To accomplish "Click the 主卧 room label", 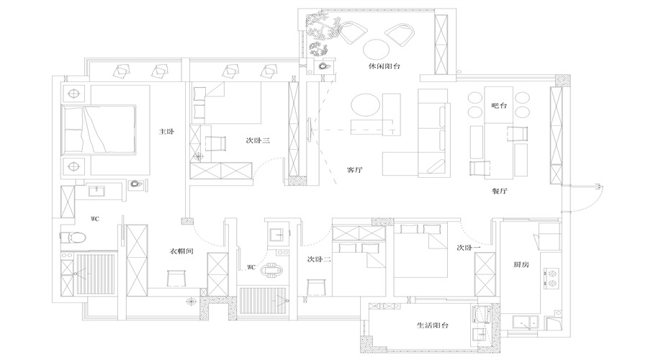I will point(167,132).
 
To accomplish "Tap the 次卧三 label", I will point(257,141).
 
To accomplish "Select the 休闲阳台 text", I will point(384,66).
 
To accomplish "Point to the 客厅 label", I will point(354,171).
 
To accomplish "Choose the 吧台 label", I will point(499,106).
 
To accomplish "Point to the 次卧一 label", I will point(468,248).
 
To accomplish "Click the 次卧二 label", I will point(318,259).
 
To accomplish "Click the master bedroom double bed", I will point(99,130).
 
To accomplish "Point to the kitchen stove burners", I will point(552,278).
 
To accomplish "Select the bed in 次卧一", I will point(421,256).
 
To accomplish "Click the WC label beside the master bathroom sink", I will point(94,217).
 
